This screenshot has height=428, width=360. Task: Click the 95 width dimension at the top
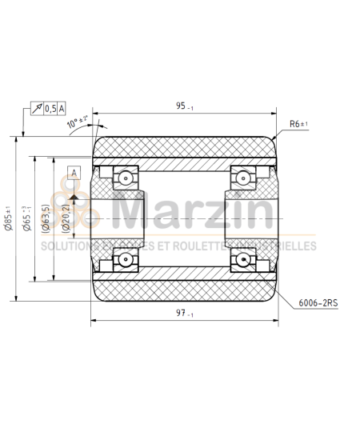[183, 105]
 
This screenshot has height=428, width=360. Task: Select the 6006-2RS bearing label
[317, 303]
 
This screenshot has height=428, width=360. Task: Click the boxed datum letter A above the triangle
[74, 172]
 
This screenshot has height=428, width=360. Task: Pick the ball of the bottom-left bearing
[126, 258]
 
